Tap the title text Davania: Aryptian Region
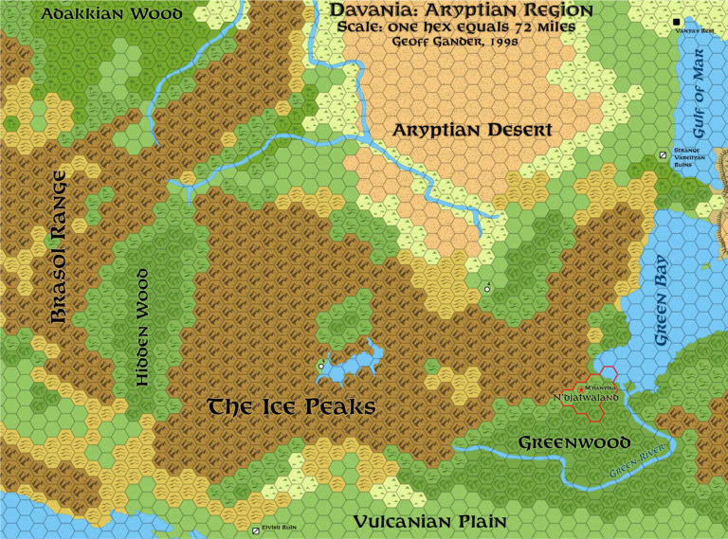click(462, 10)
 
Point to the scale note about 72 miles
click(456, 27)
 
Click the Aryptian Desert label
click(472, 130)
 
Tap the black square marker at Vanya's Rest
click(677, 21)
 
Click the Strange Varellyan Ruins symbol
click(663, 155)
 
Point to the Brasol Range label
click(59, 248)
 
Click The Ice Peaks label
click(292, 407)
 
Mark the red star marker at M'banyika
click(580, 389)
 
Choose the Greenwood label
click(574, 442)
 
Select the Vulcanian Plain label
click(429, 522)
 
